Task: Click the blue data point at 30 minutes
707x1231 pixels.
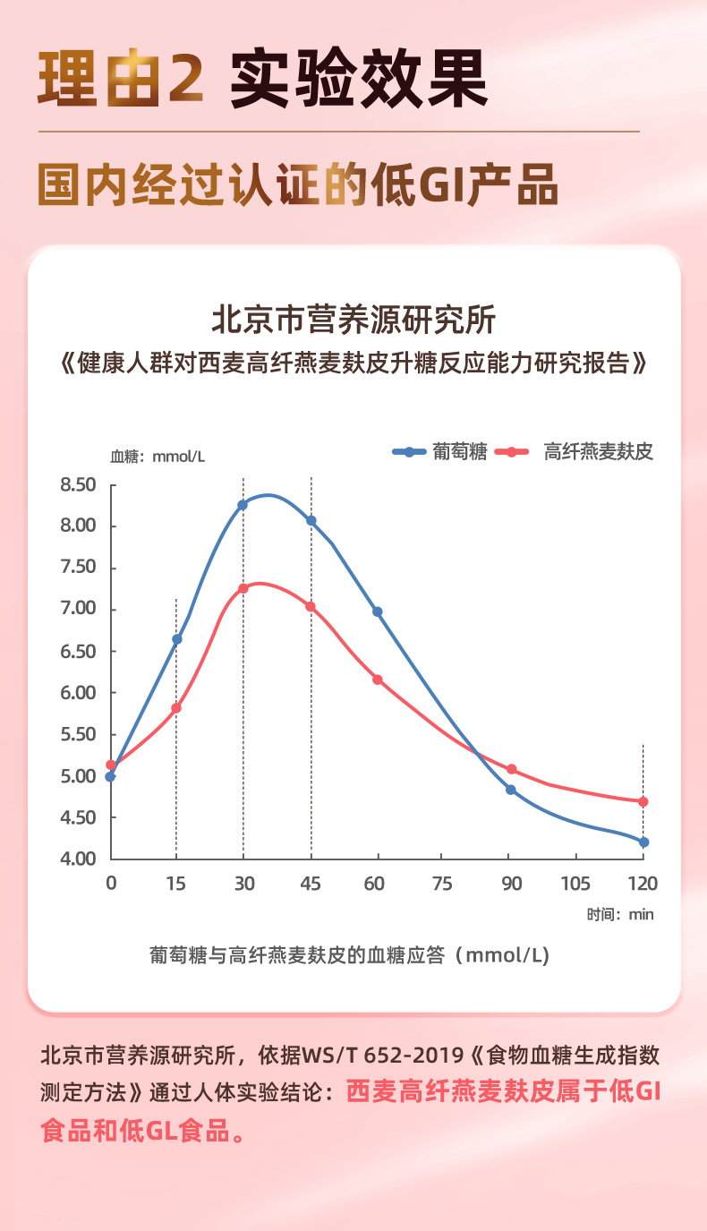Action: (x=243, y=505)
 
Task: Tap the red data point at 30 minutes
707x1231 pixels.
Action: (x=243, y=588)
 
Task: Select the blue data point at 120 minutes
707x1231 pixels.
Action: (x=643, y=842)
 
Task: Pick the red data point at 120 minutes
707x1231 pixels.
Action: (x=643, y=801)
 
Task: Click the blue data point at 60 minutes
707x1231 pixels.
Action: (x=377, y=612)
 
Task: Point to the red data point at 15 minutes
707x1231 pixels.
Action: (x=176, y=708)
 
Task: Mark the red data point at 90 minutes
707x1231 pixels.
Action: (x=511, y=769)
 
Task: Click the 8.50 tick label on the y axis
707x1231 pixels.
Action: (x=78, y=485)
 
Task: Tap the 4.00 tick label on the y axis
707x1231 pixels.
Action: (x=78, y=859)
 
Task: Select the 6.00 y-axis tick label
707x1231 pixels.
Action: (x=78, y=693)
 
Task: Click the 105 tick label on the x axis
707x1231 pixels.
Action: (x=575, y=885)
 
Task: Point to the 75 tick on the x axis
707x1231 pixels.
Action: (x=442, y=885)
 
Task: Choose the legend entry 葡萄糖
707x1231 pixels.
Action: (x=459, y=452)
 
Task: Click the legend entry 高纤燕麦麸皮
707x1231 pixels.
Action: (x=598, y=452)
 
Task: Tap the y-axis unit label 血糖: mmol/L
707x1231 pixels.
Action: (x=158, y=457)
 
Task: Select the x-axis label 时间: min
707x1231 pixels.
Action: (x=620, y=914)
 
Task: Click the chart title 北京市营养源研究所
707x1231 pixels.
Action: (x=353, y=320)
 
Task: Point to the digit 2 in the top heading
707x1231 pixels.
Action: (x=184, y=81)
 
